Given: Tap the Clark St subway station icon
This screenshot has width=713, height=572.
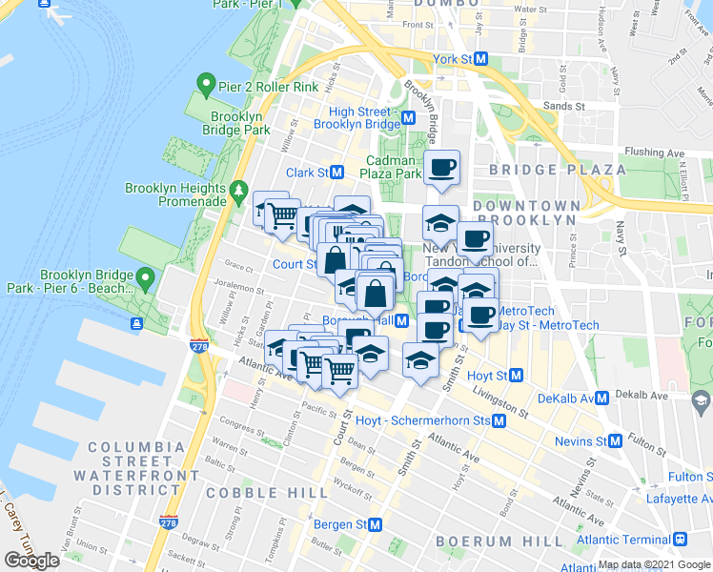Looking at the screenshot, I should pos(336,173).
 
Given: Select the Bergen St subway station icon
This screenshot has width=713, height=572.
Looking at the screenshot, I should pos(376,524).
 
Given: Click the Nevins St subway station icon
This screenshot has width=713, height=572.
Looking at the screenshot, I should pos(616,441).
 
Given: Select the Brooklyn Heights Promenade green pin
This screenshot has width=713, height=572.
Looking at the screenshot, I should pos(237,197).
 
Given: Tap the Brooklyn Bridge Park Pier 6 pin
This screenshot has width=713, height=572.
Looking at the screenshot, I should pos(145,279).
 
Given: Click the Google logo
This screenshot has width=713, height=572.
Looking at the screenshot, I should pos(31,560).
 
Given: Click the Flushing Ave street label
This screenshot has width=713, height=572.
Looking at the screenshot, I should pos(655,153).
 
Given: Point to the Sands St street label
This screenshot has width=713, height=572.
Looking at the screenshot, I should pos(563,106).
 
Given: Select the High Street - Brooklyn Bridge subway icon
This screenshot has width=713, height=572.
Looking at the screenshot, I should pos(408,118).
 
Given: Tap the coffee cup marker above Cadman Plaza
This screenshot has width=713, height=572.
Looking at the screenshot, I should pos(441,168).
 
